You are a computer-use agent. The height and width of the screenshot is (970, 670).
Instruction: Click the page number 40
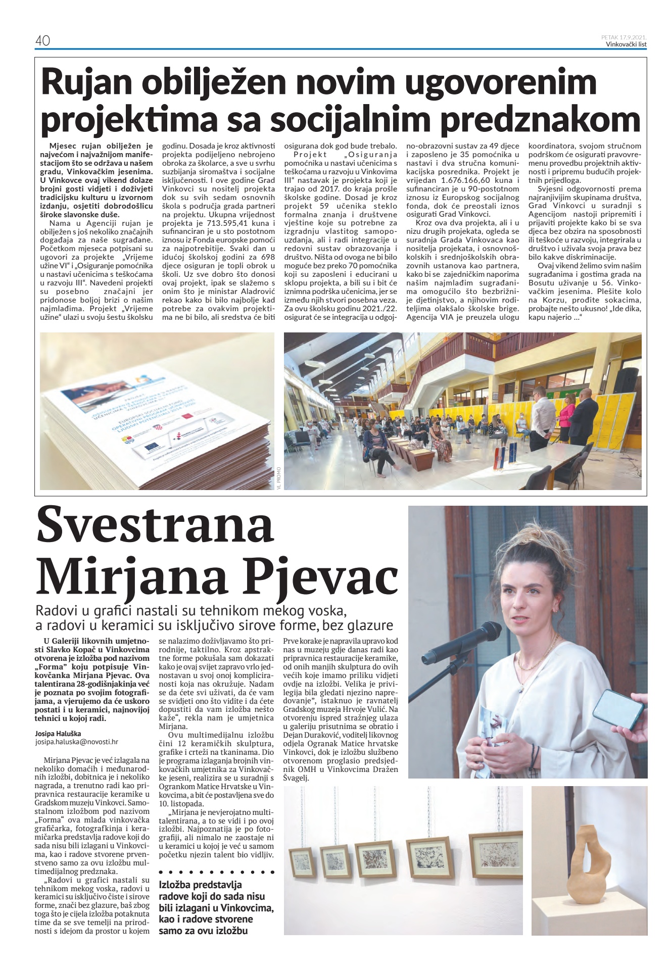[42, 40]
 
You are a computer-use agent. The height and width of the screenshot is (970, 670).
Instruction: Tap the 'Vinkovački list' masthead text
[626, 44]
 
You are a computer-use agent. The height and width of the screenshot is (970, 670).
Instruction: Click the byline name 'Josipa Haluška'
[58, 734]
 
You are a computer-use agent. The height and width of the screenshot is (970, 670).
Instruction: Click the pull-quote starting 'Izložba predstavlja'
[216, 907]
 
